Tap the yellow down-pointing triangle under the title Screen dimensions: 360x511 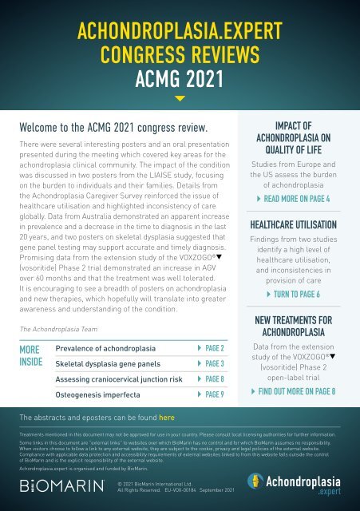[180, 99]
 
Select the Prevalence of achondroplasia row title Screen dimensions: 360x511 [105, 349]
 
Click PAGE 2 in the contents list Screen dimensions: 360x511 [210, 349]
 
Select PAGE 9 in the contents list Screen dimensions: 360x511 [210, 394]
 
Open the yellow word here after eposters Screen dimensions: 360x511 [167, 417]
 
